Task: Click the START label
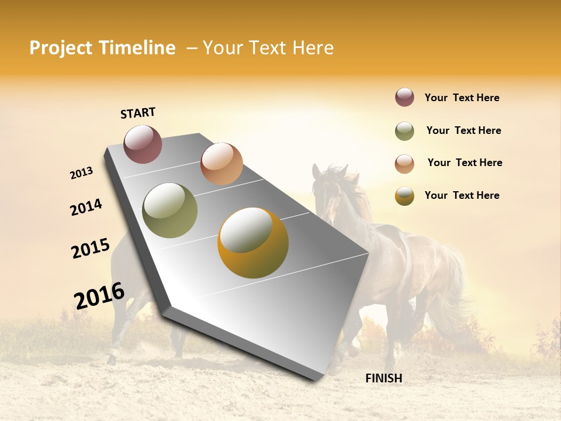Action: click(138, 113)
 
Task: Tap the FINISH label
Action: click(383, 378)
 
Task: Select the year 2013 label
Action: click(82, 173)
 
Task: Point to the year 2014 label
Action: click(86, 207)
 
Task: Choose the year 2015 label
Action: click(91, 249)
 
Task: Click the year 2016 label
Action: click(99, 296)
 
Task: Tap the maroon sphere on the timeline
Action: click(143, 144)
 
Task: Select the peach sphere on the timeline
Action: click(221, 164)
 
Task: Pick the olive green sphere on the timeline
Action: click(169, 210)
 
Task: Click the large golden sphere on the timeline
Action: click(252, 243)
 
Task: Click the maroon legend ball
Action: click(404, 98)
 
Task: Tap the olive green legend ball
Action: click(404, 131)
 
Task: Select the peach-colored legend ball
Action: click(404, 163)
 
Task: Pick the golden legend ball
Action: click(404, 196)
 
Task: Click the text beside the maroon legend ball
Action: click(462, 98)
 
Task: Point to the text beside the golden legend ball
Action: click(462, 195)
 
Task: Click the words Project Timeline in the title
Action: click(102, 48)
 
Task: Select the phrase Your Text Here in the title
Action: click(268, 48)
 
